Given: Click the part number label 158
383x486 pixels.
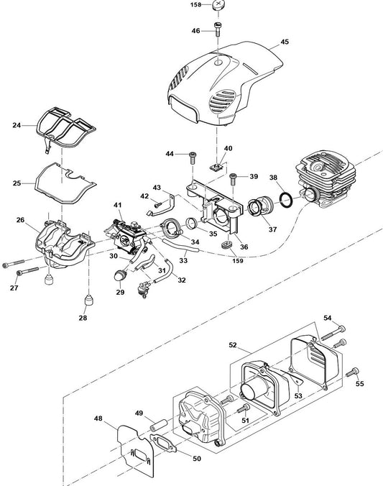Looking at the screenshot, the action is pyautogui.click(x=195, y=4).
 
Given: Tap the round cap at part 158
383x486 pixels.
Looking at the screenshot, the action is pyautogui.click(x=218, y=5).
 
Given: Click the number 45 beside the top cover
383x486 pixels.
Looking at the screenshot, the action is pyautogui.click(x=284, y=42).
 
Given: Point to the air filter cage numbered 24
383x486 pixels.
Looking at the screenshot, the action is pyautogui.click(x=66, y=127).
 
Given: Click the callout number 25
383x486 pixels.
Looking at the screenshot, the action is pyautogui.click(x=17, y=183).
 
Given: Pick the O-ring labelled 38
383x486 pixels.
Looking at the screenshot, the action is pyautogui.click(x=286, y=201).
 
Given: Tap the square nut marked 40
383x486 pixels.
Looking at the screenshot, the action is pyautogui.click(x=216, y=168).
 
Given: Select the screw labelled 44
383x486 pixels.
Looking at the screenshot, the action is pyautogui.click(x=193, y=159).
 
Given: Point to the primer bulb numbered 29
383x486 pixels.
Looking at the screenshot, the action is pyautogui.click(x=119, y=275).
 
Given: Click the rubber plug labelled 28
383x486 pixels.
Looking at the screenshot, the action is pyautogui.click(x=89, y=300).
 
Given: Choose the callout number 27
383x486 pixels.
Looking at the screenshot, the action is pyautogui.click(x=14, y=288).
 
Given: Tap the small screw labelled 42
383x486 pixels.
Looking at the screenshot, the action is pyautogui.click(x=158, y=205).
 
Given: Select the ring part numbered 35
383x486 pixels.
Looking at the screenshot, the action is pyautogui.click(x=192, y=223).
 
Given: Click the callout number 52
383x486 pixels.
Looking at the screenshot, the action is pyautogui.click(x=233, y=345).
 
